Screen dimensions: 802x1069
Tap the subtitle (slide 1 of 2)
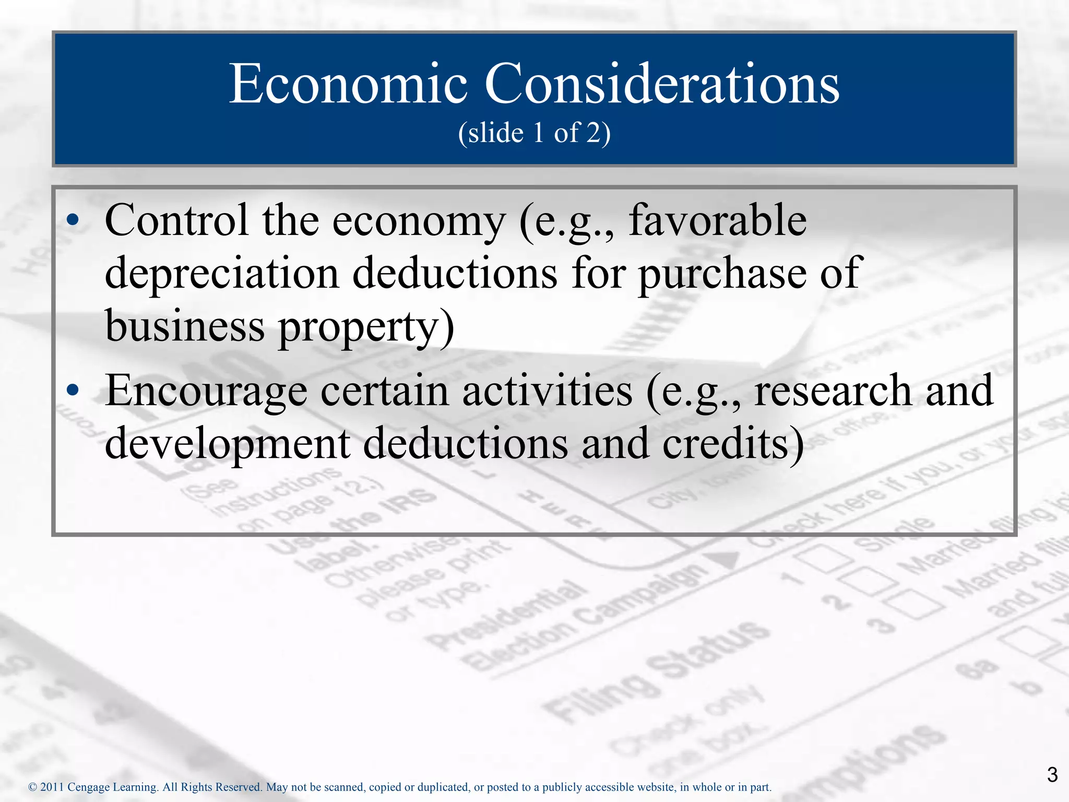[534, 133]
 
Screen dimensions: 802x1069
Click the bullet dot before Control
[74, 220]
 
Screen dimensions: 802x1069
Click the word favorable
[718, 220]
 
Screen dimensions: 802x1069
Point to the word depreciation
[222, 274]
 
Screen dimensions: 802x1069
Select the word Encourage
[206, 392]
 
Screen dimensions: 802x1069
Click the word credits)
[733, 444]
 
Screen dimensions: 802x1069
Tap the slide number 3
[1052, 774]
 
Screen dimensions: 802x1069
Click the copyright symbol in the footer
[32, 787]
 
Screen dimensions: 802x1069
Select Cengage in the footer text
[89, 787]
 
